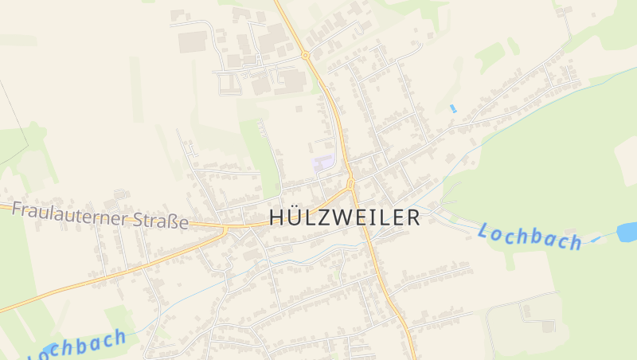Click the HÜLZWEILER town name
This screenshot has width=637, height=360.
(x=345, y=217)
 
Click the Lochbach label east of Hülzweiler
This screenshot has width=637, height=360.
(x=530, y=237)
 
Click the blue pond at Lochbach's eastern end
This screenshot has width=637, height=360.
(x=627, y=231)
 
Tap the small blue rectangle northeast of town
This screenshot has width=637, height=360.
(x=453, y=108)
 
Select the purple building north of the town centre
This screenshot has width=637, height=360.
(x=323, y=162)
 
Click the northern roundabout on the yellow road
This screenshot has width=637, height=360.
(x=305, y=55)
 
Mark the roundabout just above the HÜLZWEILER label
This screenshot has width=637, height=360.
(x=350, y=184)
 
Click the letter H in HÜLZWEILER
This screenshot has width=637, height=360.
(x=277, y=217)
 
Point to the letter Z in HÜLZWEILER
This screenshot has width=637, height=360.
(x=323, y=217)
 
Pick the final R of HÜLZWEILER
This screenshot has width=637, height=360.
(x=412, y=217)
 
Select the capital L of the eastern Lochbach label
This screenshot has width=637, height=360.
(x=484, y=231)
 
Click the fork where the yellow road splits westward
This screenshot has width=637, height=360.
(x=226, y=229)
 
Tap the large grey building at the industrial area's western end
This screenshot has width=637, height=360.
(x=192, y=41)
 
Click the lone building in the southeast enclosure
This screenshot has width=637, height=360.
(x=548, y=325)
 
